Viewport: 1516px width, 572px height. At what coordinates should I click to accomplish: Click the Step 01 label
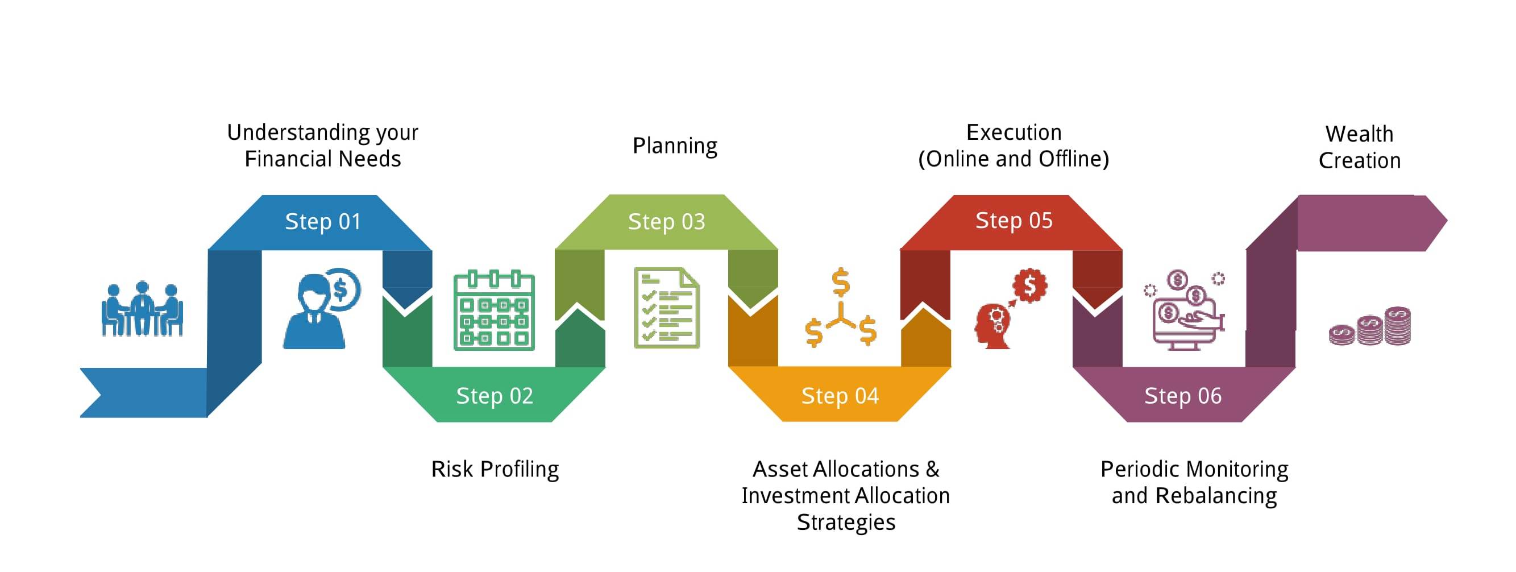(322, 222)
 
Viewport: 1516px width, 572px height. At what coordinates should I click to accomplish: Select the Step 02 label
(495, 396)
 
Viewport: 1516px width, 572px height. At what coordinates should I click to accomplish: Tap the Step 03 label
(666, 222)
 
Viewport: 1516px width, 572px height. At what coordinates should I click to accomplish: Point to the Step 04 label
(840, 396)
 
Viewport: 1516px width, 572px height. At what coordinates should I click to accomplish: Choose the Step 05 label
(1014, 221)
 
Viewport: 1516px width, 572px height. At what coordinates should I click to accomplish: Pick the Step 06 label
(1183, 396)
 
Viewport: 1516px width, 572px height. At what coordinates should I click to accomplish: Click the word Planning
(675, 146)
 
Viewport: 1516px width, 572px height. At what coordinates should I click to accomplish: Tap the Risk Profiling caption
(495, 470)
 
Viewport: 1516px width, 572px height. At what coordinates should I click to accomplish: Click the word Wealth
(1360, 134)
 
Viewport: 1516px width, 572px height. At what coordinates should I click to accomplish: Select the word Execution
(1014, 132)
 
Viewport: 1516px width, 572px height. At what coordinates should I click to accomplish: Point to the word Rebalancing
(1216, 496)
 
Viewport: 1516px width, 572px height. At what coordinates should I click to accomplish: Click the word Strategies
(846, 523)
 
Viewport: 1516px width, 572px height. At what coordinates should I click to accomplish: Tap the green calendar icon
(495, 309)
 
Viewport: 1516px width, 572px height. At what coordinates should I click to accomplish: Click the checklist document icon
(667, 308)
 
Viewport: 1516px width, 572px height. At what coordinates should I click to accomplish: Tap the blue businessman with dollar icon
(321, 309)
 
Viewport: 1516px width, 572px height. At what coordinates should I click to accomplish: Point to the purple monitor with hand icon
(1185, 310)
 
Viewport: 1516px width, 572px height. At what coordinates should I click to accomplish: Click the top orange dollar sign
(841, 283)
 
